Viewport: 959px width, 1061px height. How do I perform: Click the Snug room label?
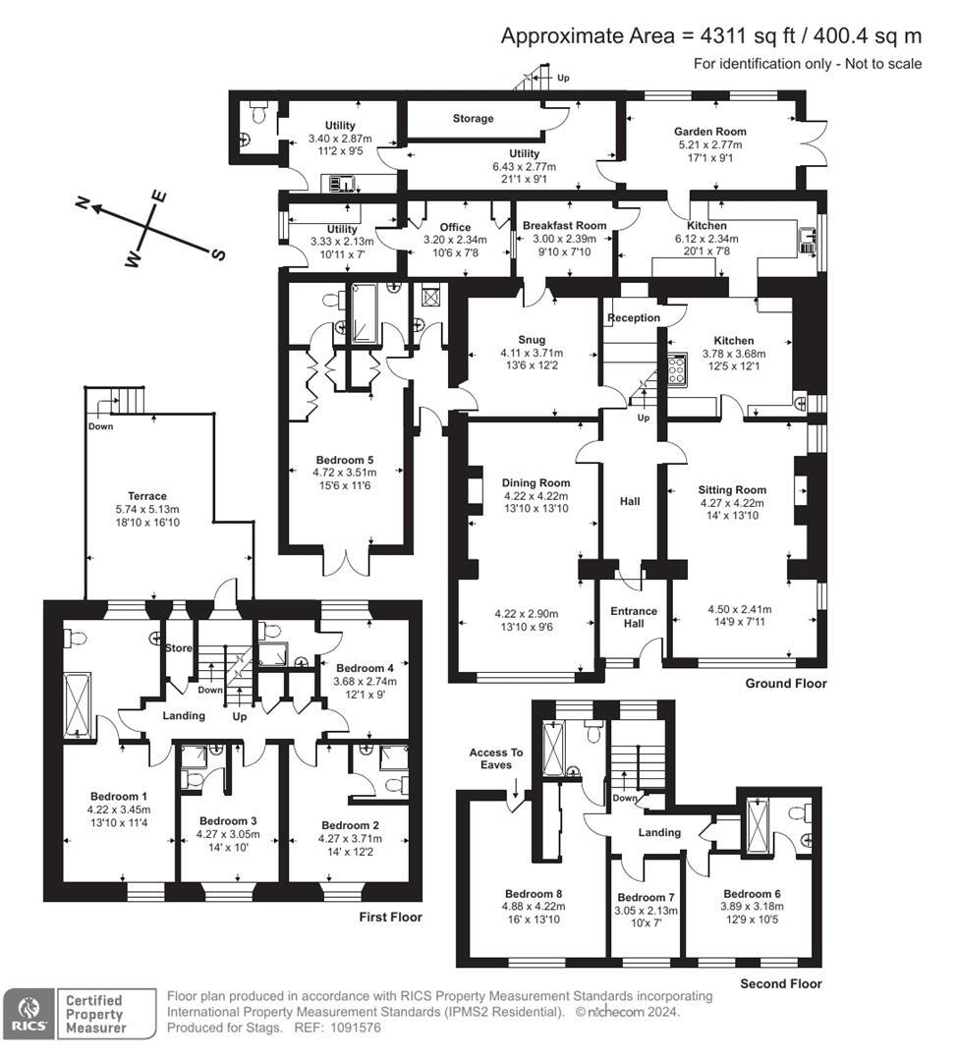[x=532, y=340]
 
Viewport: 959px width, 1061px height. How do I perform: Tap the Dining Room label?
[x=536, y=482]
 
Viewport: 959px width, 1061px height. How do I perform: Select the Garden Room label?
[x=709, y=131]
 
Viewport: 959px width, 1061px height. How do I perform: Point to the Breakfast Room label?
[x=564, y=225]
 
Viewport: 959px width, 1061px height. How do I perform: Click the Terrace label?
[x=146, y=496]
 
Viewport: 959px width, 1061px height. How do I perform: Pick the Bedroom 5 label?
[x=344, y=459]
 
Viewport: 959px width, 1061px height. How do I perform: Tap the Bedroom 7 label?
[x=646, y=897]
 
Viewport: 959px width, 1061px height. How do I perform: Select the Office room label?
[x=455, y=227]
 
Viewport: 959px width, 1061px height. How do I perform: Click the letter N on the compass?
[x=85, y=203]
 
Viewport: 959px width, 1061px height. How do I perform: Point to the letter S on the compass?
[x=219, y=254]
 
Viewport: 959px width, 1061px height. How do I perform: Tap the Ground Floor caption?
[x=785, y=683]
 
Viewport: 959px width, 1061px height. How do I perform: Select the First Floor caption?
[x=390, y=917]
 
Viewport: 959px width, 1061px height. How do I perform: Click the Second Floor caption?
[x=780, y=982]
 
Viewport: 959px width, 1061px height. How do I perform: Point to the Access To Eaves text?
[x=496, y=759]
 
